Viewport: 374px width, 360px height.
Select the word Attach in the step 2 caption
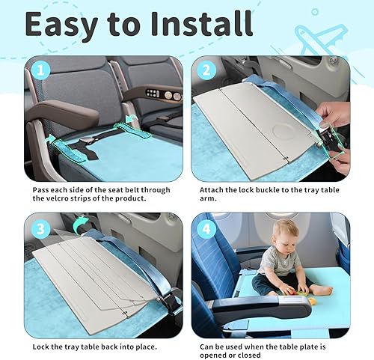[x=213, y=190]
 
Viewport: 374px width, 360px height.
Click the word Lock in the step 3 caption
[x=43, y=347]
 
